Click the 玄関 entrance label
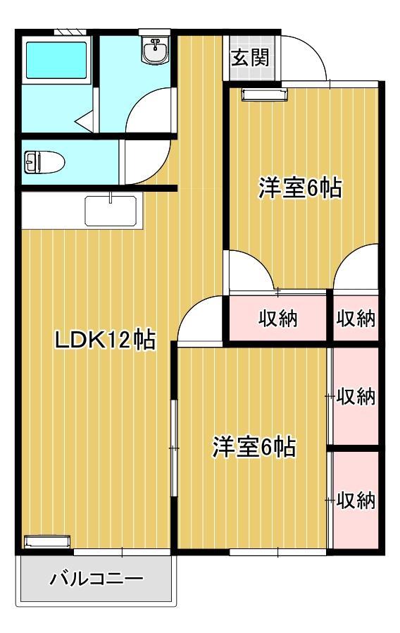[x=249, y=58]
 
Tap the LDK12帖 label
[x=105, y=340]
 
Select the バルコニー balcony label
[x=96, y=579]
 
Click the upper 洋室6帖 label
[x=301, y=188]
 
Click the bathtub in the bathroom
[x=56, y=60]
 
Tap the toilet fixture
[x=44, y=162]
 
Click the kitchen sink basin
[x=111, y=211]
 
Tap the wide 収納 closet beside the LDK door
[x=278, y=318]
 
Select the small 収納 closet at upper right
[x=356, y=318]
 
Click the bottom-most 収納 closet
[x=356, y=500]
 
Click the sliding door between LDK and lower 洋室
[x=174, y=448]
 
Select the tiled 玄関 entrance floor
[x=249, y=58]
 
